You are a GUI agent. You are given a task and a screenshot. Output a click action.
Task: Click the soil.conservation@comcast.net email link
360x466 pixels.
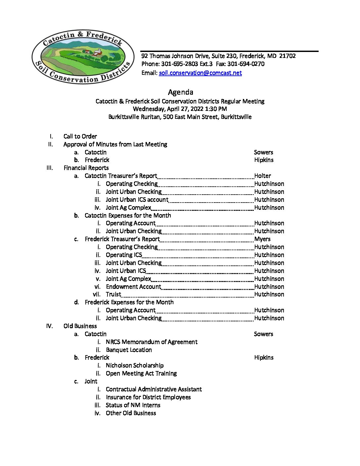point(200,73)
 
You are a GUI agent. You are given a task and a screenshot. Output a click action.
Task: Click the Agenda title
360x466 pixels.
point(180,92)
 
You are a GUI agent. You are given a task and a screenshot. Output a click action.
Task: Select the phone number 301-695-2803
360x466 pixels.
point(179,64)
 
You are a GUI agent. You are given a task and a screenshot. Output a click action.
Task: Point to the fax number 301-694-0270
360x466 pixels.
point(246,64)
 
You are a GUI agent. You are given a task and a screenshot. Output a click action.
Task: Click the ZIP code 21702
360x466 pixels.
point(287,56)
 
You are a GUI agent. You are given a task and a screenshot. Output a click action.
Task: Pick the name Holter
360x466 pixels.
point(263,176)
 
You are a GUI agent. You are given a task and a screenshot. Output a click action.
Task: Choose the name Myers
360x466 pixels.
point(262,239)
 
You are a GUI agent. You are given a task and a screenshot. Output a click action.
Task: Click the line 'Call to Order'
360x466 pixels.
point(80,136)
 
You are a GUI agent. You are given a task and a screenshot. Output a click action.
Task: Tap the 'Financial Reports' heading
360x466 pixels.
point(86,168)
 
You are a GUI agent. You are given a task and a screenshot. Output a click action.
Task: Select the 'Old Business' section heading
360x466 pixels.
point(80,326)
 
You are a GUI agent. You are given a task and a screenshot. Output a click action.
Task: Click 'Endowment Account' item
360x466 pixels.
point(133,287)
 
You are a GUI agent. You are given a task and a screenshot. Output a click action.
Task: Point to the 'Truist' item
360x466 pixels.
point(113,294)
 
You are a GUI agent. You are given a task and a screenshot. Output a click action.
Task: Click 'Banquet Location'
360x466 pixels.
point(129,350)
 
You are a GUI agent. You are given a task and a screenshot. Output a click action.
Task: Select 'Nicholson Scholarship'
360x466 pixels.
point(135,365)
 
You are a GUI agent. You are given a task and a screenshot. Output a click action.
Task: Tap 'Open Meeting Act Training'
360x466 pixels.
point(141,373)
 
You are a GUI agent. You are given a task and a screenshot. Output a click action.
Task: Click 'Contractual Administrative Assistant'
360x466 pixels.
point(154,389)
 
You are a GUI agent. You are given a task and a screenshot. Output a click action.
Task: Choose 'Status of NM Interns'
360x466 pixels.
point(133,405)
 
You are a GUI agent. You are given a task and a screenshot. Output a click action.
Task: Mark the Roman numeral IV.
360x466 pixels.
point(49,326)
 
